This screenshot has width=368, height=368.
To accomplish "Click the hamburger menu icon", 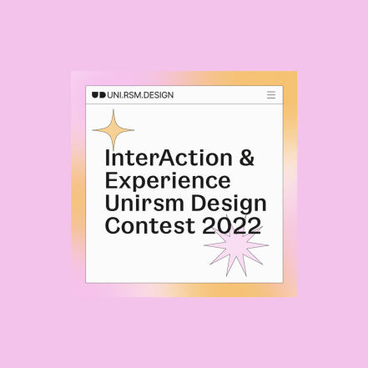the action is click(271, 95).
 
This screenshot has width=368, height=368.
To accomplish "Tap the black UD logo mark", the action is click(98, 95).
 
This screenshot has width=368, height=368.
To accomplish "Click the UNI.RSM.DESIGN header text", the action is click(140, 95).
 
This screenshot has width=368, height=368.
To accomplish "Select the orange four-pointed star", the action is click(113, 130).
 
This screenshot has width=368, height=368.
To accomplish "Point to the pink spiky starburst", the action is click(236, 246).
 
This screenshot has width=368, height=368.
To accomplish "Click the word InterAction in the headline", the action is click(169, 158).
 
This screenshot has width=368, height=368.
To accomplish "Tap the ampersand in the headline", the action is click(247, 158).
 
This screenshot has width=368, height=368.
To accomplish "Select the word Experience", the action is click(168, 181).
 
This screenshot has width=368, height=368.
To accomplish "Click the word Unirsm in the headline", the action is click(144, 203).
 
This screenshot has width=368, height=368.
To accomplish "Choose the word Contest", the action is click(149, 225).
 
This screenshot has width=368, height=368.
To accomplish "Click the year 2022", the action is click(232, 225).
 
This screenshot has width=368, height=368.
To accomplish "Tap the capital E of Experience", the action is click(111, 181).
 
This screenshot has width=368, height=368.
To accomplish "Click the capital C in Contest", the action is click(113, 225).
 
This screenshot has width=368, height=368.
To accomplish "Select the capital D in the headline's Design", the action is click(199, 204).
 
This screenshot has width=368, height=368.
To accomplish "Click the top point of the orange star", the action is click(113, 109).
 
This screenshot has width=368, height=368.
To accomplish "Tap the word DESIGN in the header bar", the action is click(159, 95).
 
